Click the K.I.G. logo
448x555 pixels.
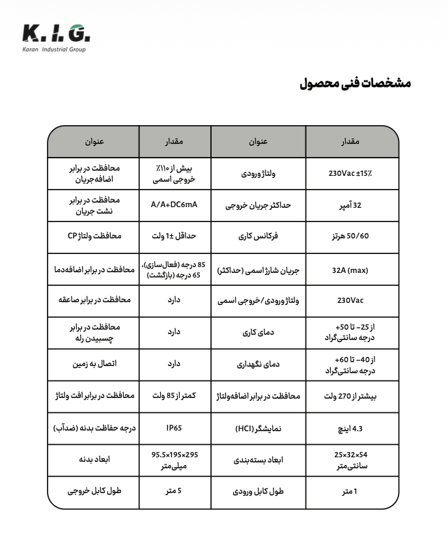[x=55, y=37]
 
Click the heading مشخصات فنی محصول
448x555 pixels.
[x=355, y=83]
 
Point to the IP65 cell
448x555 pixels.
[x=174, y=428]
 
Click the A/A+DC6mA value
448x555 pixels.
[x=174, y=205]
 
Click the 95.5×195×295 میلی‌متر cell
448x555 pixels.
[x=174, y=460]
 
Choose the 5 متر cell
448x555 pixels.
[x=174, y=492]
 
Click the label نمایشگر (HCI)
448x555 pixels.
[x=259, y=428]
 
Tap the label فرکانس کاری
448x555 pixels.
[x=259, y=237]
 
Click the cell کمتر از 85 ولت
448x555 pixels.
[x=174, y=396]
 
